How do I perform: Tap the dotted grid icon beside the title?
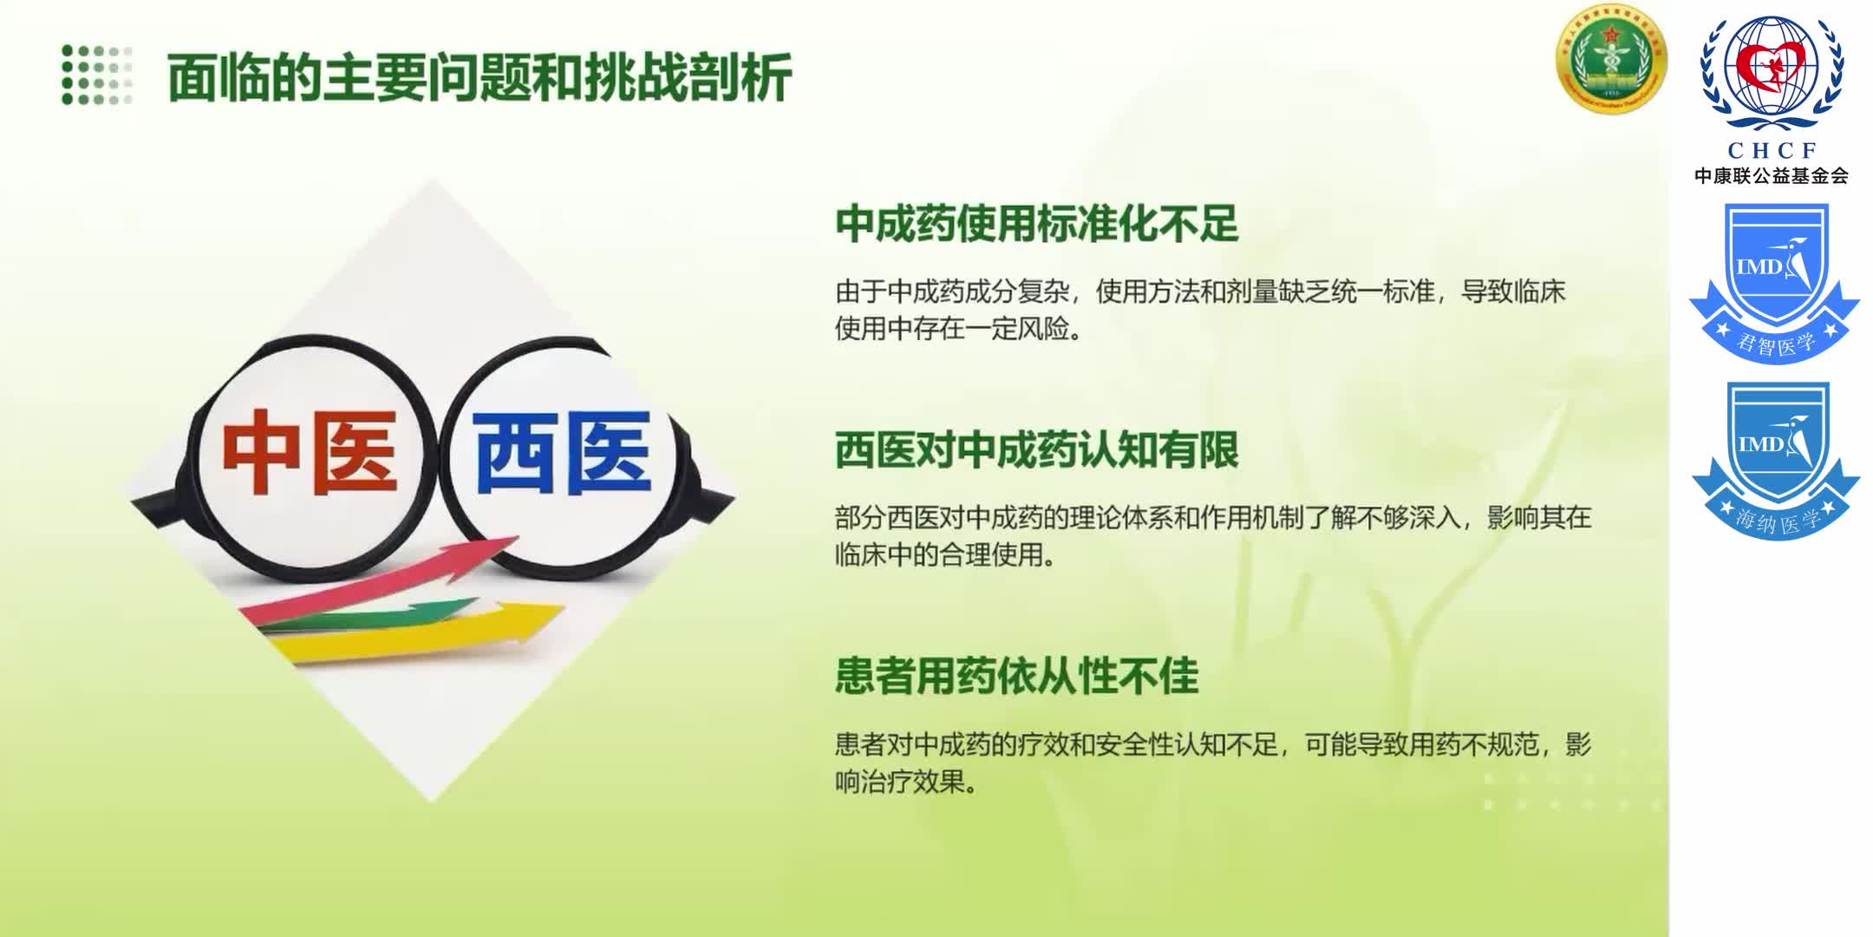pyautogui.click(x=97, y=75)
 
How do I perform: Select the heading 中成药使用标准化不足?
pyautogui.click(x=1036, y=224)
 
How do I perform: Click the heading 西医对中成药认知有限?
pyautogui.click(x=1036, y=450)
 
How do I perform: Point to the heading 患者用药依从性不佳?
pyautogui.click(x=1016, y=677)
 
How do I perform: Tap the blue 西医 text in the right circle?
pyautogui.click(x=562, y=452)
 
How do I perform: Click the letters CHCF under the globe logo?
pyautogui.click(x=1772, y=150)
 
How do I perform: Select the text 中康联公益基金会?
pyautogui.click(x=1772, y=176)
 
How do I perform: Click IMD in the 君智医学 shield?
pyautogui.click(x=1757, y=267)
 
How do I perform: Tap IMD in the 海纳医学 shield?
pyautogui.click(x=1760, y=444)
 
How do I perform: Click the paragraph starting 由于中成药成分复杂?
pyautogui.click(x=1200, y=310)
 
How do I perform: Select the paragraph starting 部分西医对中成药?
pyautogui.click(x=1212, y=536)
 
